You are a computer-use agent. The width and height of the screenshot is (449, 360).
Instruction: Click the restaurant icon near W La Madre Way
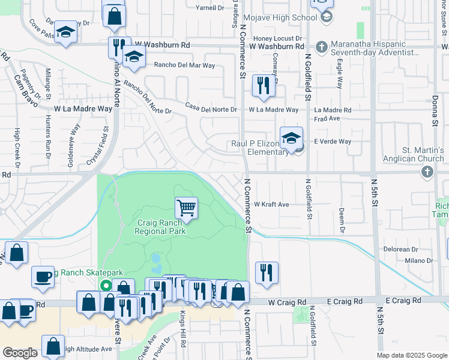point(264,86)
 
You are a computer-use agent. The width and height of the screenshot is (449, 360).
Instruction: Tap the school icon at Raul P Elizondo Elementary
point(291,139)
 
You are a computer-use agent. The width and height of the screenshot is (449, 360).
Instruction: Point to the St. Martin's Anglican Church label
point(414,154)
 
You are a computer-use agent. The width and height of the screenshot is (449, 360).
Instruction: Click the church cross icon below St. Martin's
point(427,173)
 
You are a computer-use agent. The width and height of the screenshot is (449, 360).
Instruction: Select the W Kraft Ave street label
point(271,205)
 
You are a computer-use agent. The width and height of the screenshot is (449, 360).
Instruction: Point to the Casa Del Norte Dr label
point(211,110)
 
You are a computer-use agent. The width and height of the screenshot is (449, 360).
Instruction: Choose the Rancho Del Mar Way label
point(184,65)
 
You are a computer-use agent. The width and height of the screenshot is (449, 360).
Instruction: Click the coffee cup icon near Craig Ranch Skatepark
point(43,277)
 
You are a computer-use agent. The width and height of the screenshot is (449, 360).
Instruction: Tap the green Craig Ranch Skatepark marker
point(106,286)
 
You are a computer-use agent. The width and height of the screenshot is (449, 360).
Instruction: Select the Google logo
point(20,353)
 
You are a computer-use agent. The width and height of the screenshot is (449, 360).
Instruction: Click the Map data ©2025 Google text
point(412,355)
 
